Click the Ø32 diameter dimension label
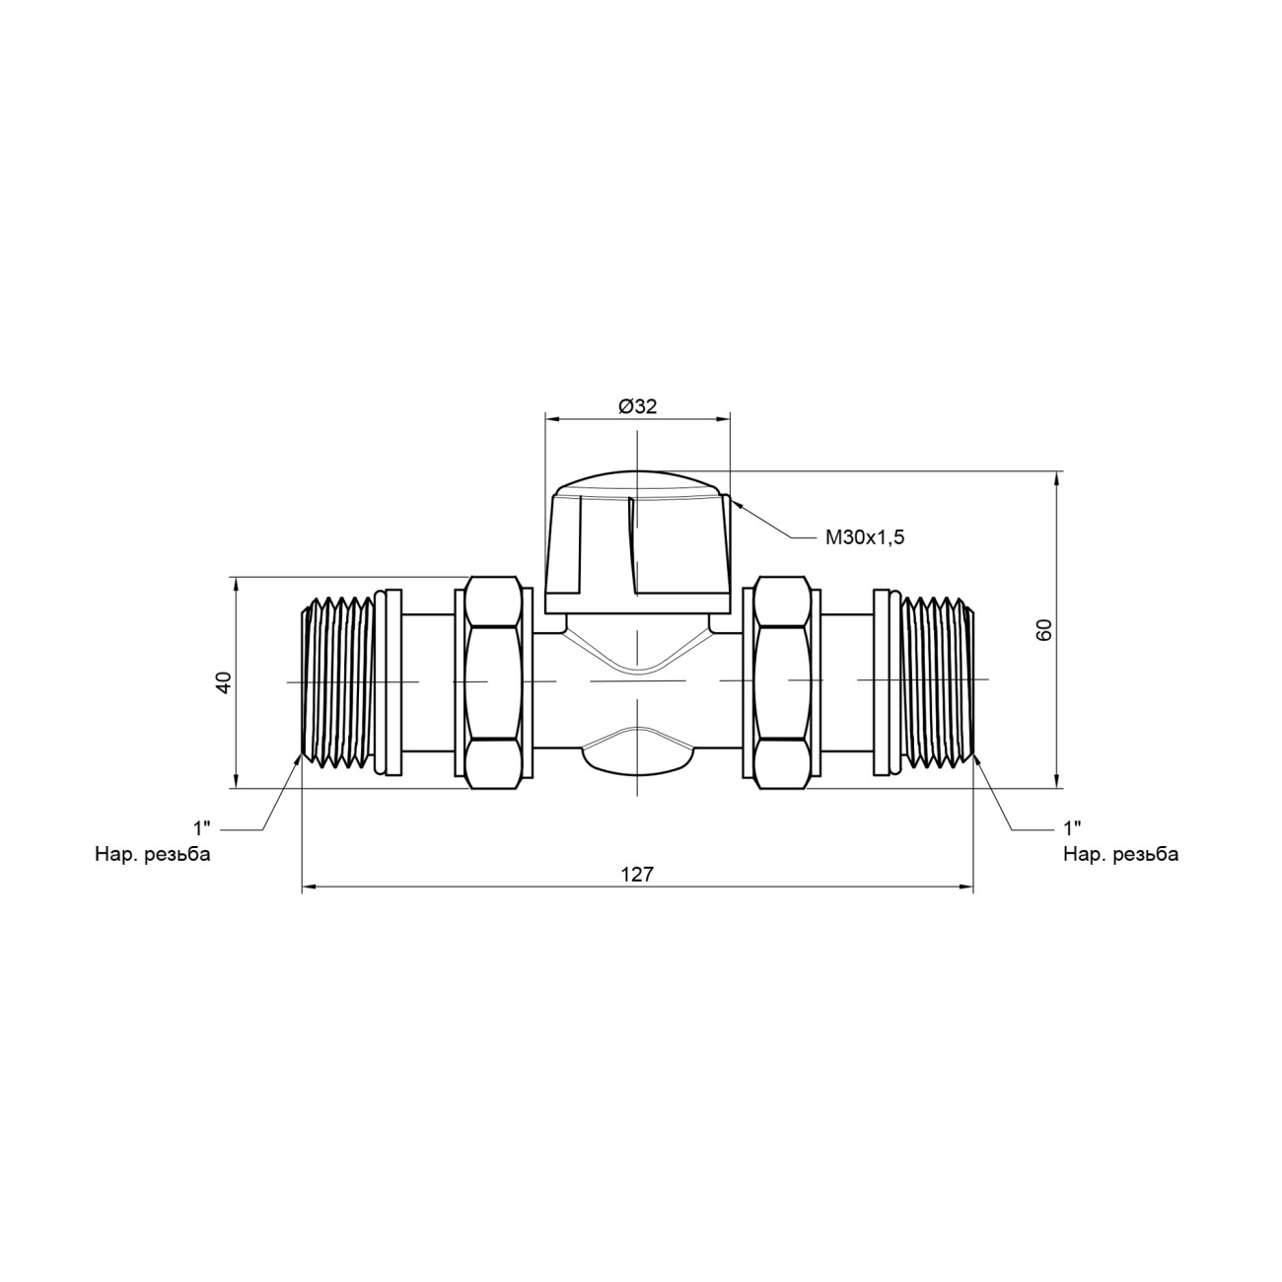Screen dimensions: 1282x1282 [637, 406]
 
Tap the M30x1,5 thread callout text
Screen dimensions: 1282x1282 [865, 537]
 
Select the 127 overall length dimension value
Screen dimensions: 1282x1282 [638, 874]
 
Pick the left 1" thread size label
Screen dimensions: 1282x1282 [201, 828]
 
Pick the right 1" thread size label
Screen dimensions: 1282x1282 [1072, 828]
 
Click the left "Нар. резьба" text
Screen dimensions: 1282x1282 [153, 854]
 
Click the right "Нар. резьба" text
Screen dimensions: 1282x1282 [1121, 854]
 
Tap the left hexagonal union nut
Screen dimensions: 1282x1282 [492, 682]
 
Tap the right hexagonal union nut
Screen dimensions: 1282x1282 [782, 682]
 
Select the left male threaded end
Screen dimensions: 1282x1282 [338, 682]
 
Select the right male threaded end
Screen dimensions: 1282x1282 [937, 682]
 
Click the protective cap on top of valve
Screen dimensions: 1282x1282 [637, 542]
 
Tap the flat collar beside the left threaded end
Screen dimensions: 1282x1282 [390, 681]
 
